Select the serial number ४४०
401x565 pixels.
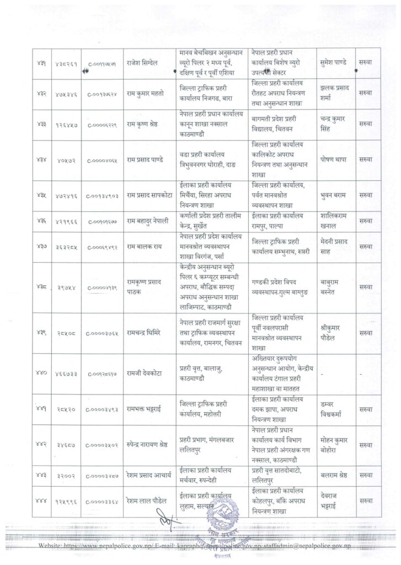[41, 374]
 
